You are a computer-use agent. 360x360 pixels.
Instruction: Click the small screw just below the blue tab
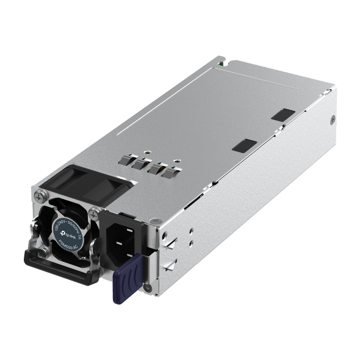[147, 287]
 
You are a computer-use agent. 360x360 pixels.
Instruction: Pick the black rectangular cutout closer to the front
[245, 145]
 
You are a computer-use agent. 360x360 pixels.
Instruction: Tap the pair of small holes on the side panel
[191, 236]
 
